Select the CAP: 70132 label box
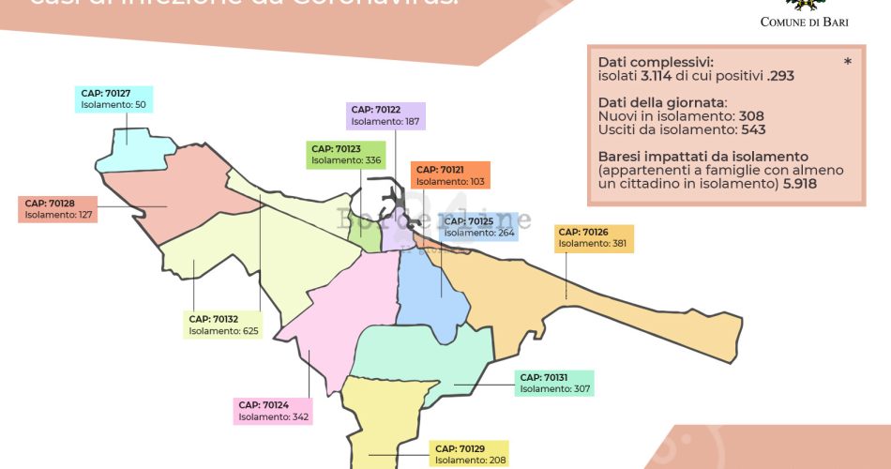(223, 325)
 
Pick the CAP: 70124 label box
(273, 411)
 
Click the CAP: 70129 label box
(469, 454)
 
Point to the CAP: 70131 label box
(553, 383)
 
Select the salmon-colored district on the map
(183, 192)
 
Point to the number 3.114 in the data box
(653, 75)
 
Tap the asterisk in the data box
(848, 63)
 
